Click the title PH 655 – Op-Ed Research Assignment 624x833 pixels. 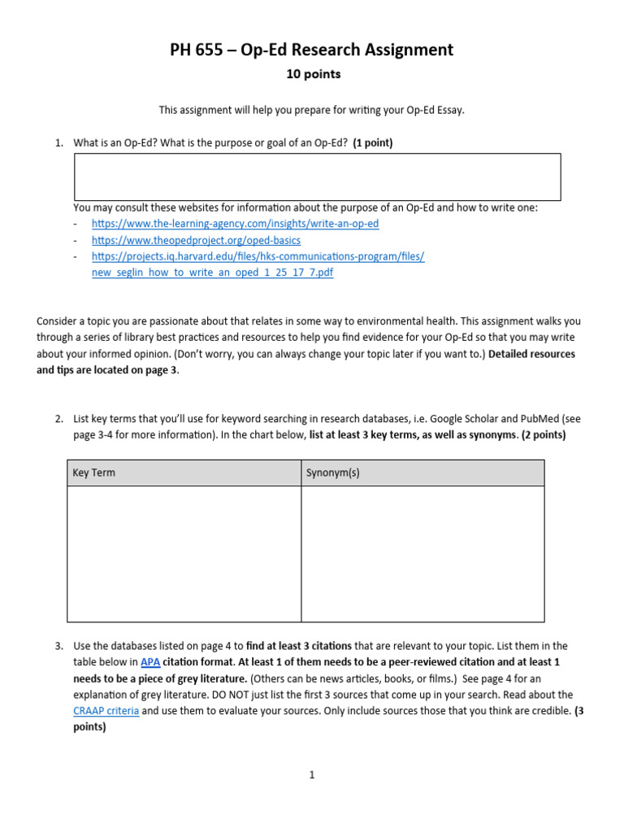[311, 50]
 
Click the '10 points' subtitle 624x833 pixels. [313, 74]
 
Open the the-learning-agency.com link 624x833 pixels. [235, 223]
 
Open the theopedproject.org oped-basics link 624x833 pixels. [196, 240]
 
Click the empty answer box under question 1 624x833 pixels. [317, 177]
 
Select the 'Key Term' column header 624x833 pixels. [94, 473]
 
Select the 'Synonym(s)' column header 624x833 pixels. [332, 473]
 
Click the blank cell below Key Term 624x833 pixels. [184, 553]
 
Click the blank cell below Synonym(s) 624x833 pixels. [422, 553]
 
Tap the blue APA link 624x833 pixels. [150, 662]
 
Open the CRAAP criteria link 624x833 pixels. [106, 711]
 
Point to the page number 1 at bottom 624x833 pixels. [311, 775]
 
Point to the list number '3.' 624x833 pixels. [59, 646]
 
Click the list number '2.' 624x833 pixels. [59, 419]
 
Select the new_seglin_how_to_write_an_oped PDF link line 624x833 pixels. [212, 273]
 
